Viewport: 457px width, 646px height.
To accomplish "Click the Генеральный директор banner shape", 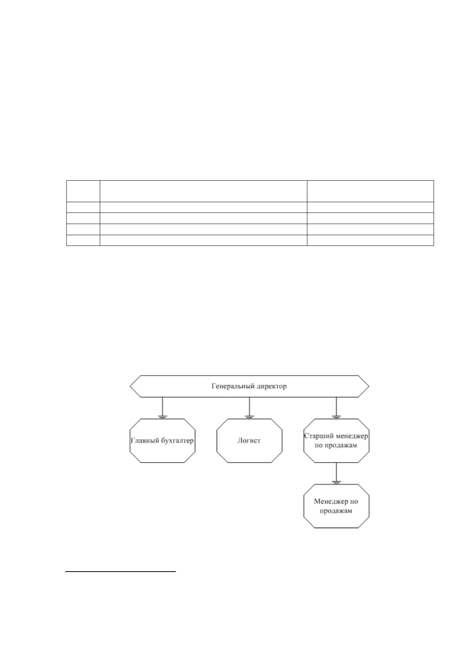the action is [x=249, y=386].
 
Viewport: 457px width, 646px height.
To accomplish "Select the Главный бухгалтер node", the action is [x=162, y=441].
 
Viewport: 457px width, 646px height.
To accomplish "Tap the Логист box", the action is [x=249, y=441].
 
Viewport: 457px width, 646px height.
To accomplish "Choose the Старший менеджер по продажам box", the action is [x=337, y=441].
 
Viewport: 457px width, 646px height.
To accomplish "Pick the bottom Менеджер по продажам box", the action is [x=337, y=506].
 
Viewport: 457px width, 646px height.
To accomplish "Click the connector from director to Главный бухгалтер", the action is [x=162, y=408].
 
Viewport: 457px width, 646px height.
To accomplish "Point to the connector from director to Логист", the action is [x=249, y=408].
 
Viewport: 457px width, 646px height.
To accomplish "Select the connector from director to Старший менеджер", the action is [x=337, y=408].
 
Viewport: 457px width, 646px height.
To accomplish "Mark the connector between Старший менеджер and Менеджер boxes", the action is [x=337, y=473].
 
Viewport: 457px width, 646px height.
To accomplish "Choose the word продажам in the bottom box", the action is [x=336, y=511].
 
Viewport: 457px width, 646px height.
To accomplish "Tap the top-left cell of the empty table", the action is [x=83, y=191].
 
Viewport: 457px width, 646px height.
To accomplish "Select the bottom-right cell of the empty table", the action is [x=370, y=240].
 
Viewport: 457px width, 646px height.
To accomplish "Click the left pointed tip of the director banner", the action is [x=130, y=386].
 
